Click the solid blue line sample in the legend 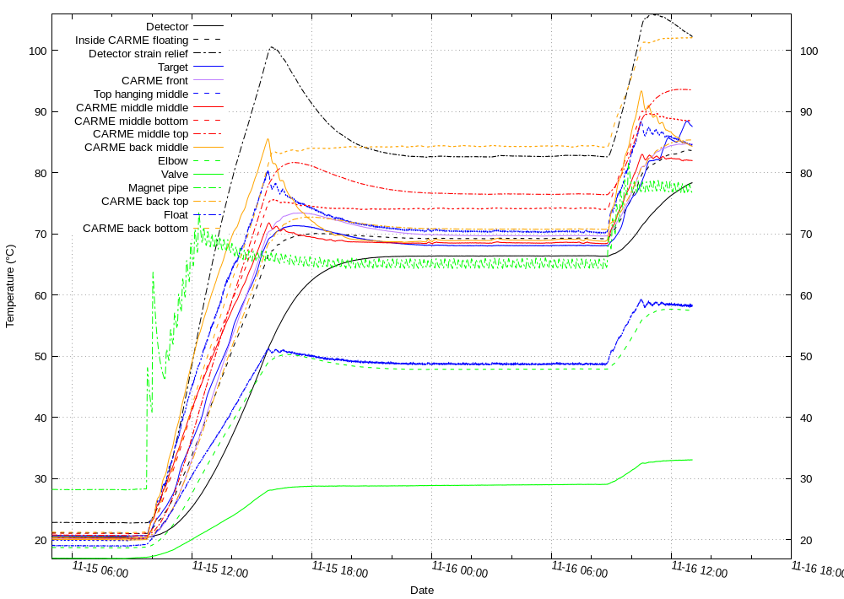point(208,66)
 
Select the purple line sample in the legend point(208,79)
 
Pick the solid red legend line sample point(208,106)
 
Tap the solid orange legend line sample point(208,147)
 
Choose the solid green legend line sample point(208,174)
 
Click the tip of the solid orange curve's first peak point(268,139)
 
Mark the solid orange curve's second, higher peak point(641,91)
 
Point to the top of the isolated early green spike point(153,272)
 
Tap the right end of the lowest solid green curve point(692,460)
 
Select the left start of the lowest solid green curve point(53,558)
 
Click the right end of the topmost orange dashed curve point(692,38)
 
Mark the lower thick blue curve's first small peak point(268,349)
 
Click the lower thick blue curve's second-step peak point(641,299)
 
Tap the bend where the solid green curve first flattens point(269,489)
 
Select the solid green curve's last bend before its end point(641,463)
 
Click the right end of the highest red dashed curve point(691,89)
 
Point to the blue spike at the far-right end point(688,121)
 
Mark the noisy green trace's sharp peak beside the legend point(199,214)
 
